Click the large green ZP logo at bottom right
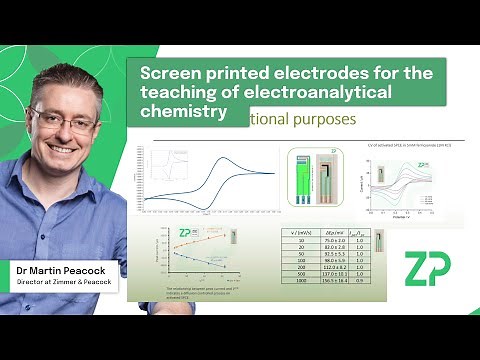[427, 270]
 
